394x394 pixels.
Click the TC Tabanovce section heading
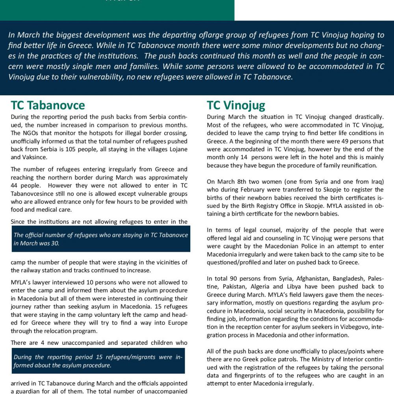(x=48, y=105)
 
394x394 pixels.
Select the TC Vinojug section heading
(x=236, y=105)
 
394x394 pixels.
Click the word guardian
(x=31, y=391)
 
